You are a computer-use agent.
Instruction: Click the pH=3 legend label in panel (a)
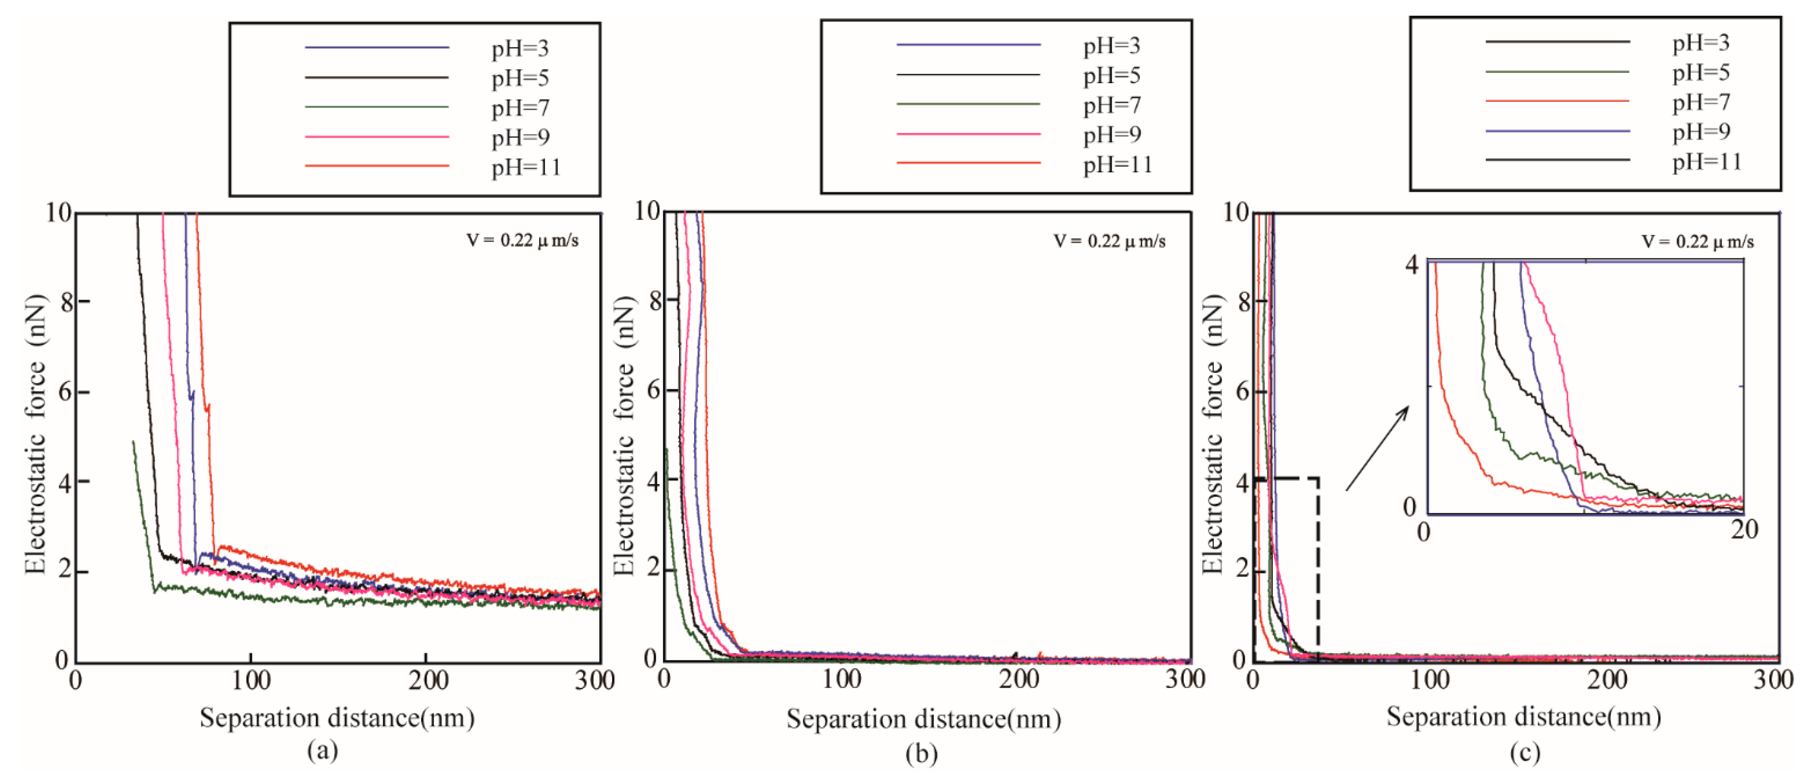[x=520, y=48]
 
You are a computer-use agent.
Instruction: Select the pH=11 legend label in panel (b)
[x=1117, y=164]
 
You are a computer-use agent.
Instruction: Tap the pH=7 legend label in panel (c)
[x=1701, y=102]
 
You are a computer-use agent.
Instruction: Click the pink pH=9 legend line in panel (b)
[x=968, y=134]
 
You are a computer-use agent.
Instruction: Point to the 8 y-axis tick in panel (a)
[x=65, y=302]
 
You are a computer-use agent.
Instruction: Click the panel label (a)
[x=322, y=751]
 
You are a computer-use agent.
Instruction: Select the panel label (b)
[x=921, y=753]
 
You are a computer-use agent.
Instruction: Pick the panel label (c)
[x=1524, y=752]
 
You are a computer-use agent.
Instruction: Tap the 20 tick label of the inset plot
[x=1744, y=529]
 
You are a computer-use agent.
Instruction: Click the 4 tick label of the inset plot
[x=1412, y=266]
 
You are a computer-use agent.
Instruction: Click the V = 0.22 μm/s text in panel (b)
[x=1109, y=241]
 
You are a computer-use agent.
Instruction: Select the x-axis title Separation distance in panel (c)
[x=1523, y=716]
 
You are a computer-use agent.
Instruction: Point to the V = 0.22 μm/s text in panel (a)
[x=522, y=241]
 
